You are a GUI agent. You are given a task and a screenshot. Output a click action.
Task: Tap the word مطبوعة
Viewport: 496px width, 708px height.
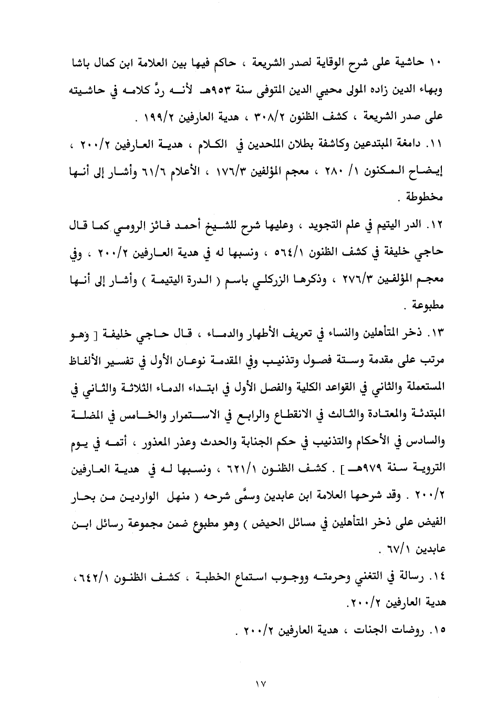(x=427, y=306)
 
